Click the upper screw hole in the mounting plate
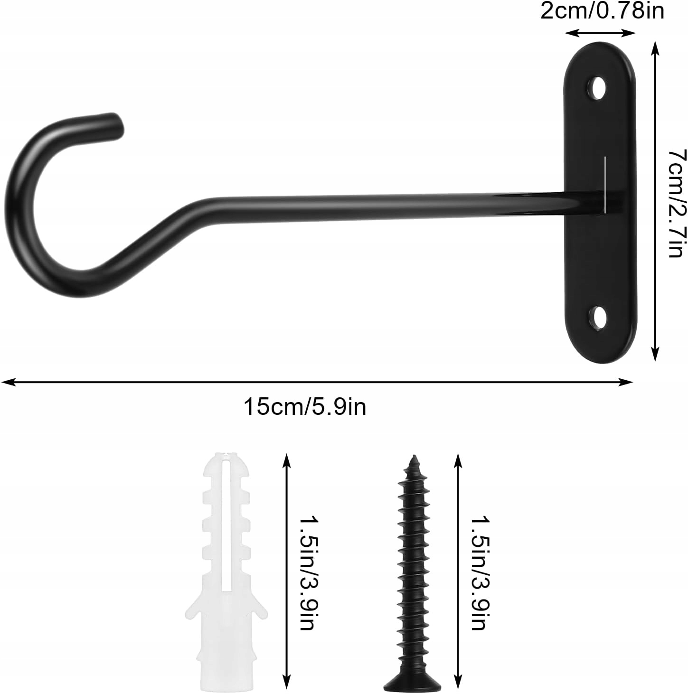pos(596,88)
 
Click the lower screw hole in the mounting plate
pos(596,319)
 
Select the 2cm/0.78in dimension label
pos(602,11)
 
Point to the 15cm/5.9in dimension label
pos(305,407)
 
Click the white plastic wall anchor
pos(226,569)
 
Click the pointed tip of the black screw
pos(414,456)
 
